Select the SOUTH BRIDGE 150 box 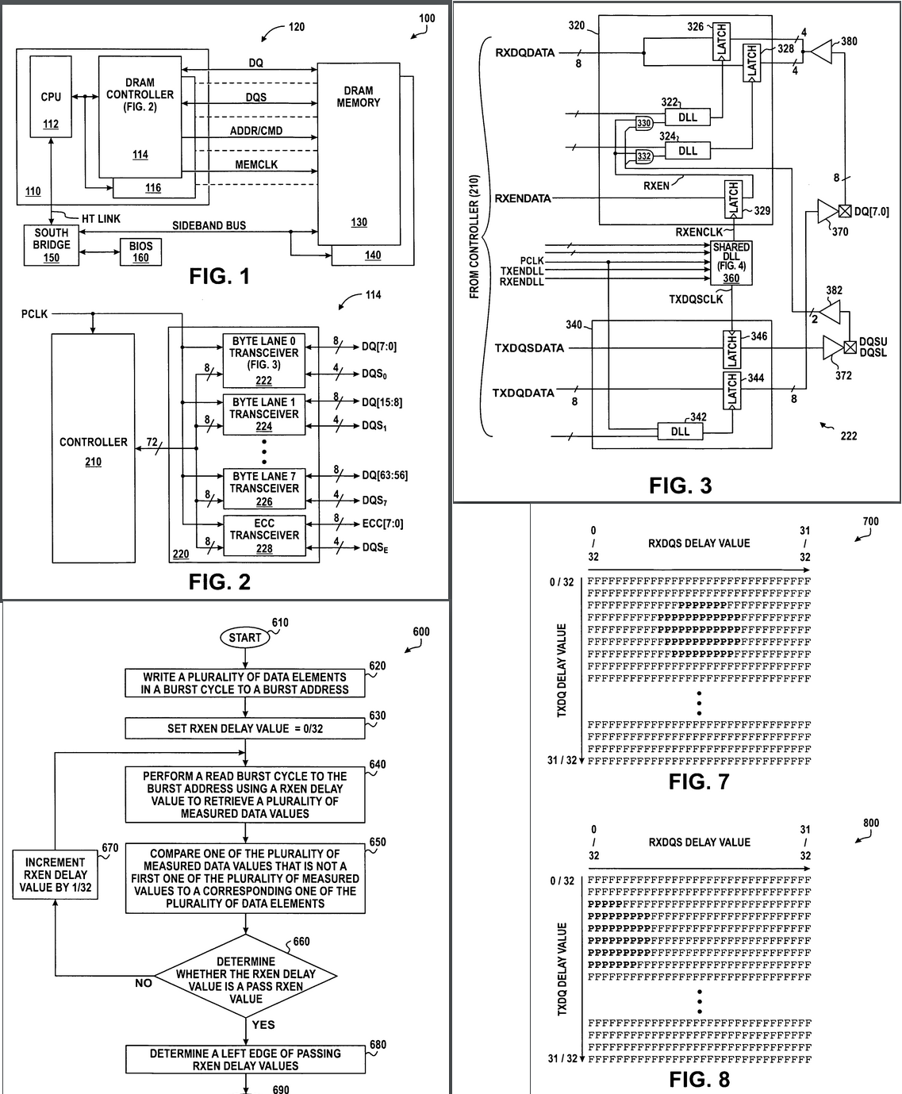pos(52,245)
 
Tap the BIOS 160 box pos(140,252)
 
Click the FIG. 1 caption pos(219,276)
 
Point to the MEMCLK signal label pos(256,165)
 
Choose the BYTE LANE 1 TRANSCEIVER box pos(264,414)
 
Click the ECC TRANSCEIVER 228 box pos(264,535)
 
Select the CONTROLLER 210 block pos(94,448)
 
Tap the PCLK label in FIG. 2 pos(34,314)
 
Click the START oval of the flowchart pos(244,638)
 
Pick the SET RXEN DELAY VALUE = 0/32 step pos(245,728)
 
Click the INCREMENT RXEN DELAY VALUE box pos(56,875)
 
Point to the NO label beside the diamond pos(144,983)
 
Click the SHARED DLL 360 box pos(731,263)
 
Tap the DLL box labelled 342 pos(680,432)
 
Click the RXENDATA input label pos(523,198)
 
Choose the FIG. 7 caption pos(699,782)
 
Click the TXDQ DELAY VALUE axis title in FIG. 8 pos(562,969)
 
